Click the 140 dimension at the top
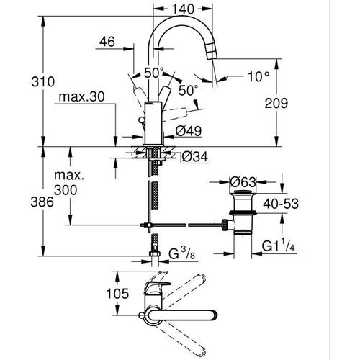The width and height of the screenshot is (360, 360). pyautogui.click(x=184, y=9)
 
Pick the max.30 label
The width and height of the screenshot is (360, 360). pyautogui.click(x=82, y=96)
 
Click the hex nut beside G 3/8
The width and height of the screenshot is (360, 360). pyautogui.click(x=153, y=253)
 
